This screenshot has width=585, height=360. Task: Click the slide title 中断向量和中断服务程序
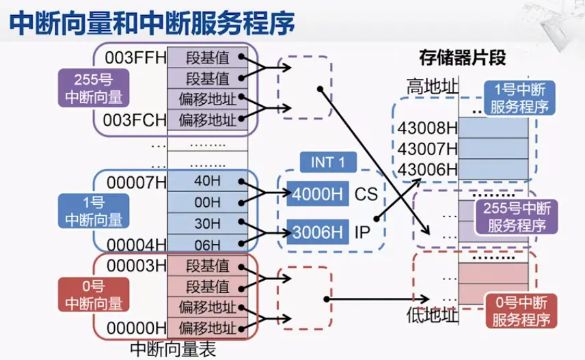click(152, 23)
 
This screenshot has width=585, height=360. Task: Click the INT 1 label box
click(327, 163)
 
